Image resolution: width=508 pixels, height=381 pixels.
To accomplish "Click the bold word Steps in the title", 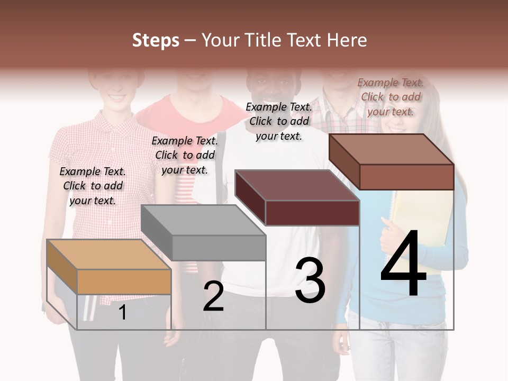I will [x=155, y=40].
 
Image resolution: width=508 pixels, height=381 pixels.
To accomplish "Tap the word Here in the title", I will [x=347, y=40].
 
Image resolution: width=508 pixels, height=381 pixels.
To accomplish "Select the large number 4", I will [x=403, y=263].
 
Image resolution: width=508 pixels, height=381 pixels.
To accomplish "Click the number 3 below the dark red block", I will [x=310, y=280].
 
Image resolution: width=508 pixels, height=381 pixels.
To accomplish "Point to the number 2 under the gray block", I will [x=213, y=296].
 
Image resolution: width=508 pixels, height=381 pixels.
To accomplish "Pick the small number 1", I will [x=122, y=312].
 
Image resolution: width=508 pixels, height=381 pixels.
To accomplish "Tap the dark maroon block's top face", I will [x=296, y=185].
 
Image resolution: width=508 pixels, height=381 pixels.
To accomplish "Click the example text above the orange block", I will [x=93, y=186].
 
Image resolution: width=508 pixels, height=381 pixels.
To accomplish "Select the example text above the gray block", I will [x=185, y=155].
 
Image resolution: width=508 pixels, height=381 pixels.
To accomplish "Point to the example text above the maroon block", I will [x=279, y=121].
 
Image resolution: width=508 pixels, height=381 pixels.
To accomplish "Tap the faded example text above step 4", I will [x=391, y=97].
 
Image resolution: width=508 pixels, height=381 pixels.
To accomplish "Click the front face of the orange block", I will [x=124, y=282].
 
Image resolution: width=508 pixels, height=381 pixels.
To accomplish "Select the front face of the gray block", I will [x=219, y=248].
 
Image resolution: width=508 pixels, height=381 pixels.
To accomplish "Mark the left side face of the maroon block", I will [x=250, y=197].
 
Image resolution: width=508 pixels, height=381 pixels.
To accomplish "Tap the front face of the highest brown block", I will [x=406, y=177].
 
